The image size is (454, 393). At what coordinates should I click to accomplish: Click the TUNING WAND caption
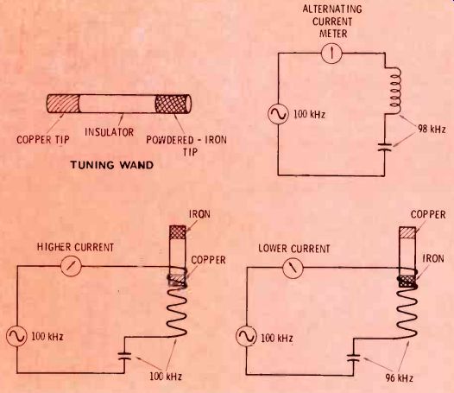coord(112,165)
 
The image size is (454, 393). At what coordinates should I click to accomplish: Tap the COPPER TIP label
coord(43,140)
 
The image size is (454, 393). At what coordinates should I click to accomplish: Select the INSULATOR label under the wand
coord(109,132)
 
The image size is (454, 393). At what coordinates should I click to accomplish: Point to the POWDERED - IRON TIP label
coord(186,145)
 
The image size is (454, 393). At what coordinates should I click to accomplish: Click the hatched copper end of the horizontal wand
coord(63,104)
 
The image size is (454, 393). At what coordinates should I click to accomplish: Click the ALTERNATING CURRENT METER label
coord(332,21)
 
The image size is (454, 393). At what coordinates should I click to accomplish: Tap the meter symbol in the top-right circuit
coord(331,53)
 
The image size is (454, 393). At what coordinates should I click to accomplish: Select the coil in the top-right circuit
coord(394,91)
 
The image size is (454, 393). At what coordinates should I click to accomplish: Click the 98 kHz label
coord(432,129)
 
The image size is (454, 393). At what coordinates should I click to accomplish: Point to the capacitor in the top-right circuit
coord(385,147)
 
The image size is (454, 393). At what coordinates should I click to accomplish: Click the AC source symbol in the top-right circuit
coord(278,114)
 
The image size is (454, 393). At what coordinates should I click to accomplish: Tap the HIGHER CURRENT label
coord(76,247)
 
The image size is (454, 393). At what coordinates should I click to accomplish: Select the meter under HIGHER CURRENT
coord(71,266)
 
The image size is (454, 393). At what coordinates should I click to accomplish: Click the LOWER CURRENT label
coord(293,249)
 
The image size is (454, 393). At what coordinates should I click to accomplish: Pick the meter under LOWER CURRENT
coord(293,268)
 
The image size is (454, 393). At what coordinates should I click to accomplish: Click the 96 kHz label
coord(399,378)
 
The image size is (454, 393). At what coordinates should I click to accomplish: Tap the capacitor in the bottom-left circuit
coord(125,356)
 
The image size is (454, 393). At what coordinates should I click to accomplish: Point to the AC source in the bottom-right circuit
coord(246,336)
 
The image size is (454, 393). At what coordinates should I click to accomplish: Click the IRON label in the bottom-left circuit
coord(199,214)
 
